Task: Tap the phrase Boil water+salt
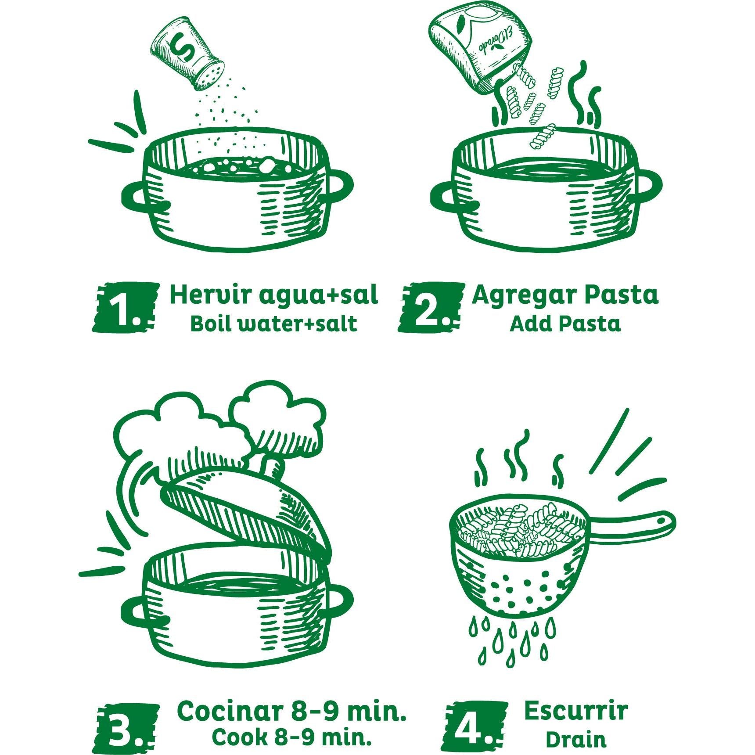pyautogui.click(x=273, y=324)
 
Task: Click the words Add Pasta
pyautogui.click(x=565, y=324)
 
